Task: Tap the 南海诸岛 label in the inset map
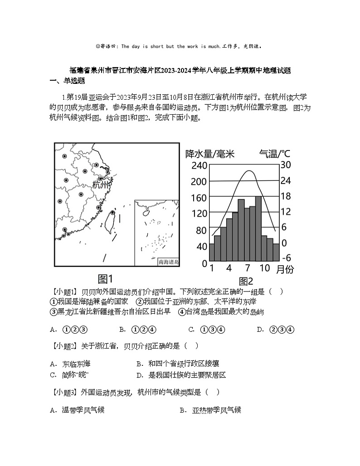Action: tap(168, 262)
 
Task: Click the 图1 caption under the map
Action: tap(105, 278)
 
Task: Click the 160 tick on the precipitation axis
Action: tap(199, 198)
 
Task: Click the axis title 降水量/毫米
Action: tap(210, 154)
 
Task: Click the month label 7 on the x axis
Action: tap(248, 267)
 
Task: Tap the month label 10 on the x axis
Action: tap(265, 267)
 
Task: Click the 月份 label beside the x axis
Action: tap(284, 269)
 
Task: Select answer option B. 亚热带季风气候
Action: tap(210, 410)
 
